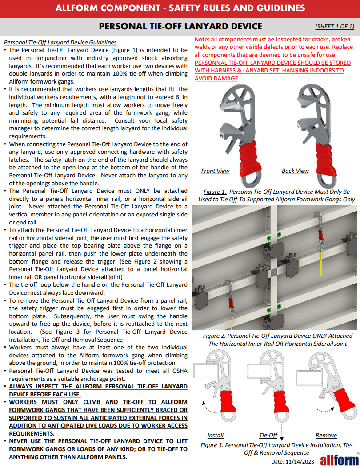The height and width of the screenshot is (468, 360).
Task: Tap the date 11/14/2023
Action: pos(292,462)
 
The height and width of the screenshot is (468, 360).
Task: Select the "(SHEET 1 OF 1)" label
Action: pos(334,27)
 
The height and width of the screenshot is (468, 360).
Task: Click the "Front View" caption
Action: pos(215,171)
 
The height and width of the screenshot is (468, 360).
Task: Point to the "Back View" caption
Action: pos(295,171)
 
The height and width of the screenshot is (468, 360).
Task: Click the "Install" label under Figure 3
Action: pos(216,435)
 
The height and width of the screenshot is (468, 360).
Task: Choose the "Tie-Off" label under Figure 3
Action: pos(268,435)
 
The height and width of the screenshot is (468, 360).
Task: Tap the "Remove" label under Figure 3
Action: pos(326,435)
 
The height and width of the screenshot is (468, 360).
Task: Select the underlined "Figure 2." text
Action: pos(213,336)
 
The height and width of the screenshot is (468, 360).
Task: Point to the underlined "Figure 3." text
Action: pos(212,445)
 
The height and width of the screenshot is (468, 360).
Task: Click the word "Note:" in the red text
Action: pos(203,40)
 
